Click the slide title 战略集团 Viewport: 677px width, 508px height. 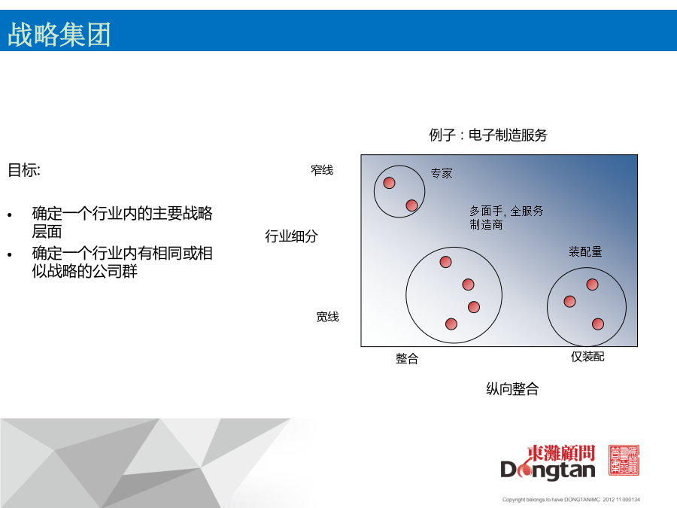(59, 34)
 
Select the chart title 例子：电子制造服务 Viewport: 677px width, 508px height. (488, 135)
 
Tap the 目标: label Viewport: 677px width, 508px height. (24, 170)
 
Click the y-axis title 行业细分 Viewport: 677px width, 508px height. (291, 236)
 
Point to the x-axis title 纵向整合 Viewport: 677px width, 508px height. (512, 389)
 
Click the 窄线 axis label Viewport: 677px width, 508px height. (322, 170)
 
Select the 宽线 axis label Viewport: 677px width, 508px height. (327, 317)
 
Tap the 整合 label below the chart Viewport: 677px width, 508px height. (407, 358)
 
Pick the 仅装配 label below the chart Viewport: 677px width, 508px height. (587, 357)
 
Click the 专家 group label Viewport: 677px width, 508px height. (442, 173)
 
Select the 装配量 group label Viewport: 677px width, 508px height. (585, 251)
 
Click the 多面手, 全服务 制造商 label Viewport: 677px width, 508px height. (506, 217)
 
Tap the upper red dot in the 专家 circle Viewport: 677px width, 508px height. (389, 183)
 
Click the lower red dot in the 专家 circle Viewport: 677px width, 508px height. (412, 205)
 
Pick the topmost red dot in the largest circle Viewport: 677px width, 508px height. (445, 262)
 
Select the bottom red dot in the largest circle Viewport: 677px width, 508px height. (451, 324)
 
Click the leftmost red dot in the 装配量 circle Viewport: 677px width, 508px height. (570, 302)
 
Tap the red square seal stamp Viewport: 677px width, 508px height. (624, 460)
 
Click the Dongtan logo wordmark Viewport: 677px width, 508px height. (548, 462)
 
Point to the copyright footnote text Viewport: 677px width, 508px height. (571, 500)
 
